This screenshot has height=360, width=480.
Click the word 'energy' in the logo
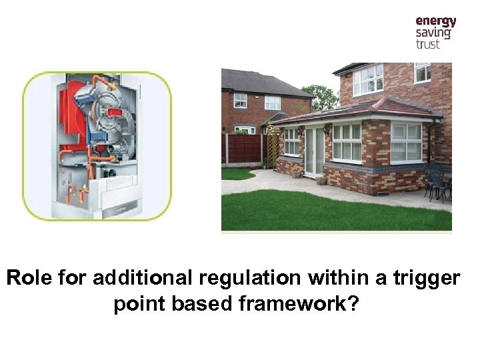tap(436, 21)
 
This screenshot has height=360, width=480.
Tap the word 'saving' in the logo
tap(433, 33)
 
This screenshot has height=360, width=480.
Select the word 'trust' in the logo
tap(428, 45)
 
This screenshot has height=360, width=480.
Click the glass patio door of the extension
tap(313, 151)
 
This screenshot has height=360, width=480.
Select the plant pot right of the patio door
tap(321, 179)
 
